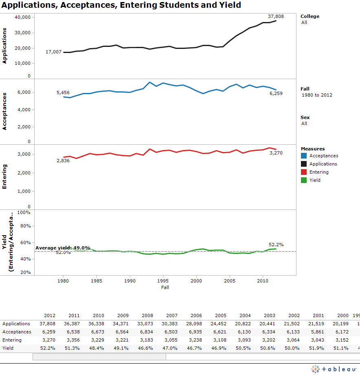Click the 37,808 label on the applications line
tap(276, 16)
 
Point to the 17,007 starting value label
tap(53, 52)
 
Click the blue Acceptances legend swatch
tap(304, 156)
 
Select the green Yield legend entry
tap(314, 180)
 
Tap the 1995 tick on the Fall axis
tap(163, 281)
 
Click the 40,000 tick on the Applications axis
tap(22, 18)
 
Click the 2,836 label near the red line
tap(63, 161)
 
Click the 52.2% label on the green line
tap(276, 245)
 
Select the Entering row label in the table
tap(13, 340)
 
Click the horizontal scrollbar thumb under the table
tap(99, 357)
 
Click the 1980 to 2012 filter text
tap(317, 95)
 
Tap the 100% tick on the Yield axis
tap(24, 213)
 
